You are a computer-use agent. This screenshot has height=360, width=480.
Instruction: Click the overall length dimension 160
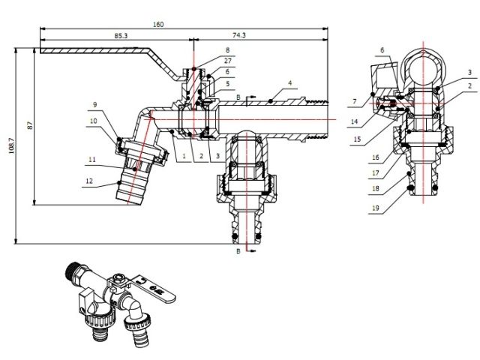point(158,24)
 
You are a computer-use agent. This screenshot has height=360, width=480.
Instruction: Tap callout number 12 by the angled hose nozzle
point(88,180)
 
